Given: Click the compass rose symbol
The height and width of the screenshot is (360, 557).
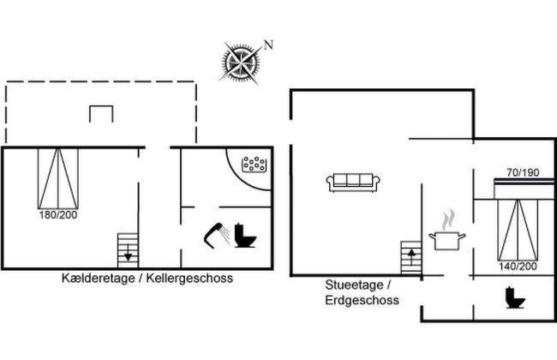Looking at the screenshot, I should [240, 61].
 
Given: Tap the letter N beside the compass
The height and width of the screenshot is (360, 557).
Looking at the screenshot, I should [268, 45].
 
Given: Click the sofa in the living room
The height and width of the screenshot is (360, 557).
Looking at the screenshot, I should [353, 182].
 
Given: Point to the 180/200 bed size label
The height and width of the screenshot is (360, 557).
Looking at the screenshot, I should [57, 214].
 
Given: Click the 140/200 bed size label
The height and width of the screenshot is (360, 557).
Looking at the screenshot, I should [518, 267].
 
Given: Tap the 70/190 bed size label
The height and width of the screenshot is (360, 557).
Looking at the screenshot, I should [522, 171].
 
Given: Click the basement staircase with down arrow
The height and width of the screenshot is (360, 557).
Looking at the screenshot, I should [128, 250].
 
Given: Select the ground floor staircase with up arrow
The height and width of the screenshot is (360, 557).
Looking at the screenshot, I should [411, 257].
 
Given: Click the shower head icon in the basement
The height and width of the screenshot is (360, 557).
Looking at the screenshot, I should [216, 234].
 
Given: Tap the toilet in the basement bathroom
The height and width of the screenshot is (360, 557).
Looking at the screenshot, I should [246, 235].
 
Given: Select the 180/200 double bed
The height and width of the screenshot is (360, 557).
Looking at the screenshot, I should [57, 178].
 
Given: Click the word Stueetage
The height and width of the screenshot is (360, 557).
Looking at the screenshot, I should [353, 285].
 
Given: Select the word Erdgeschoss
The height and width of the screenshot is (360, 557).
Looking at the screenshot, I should [360, 300].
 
